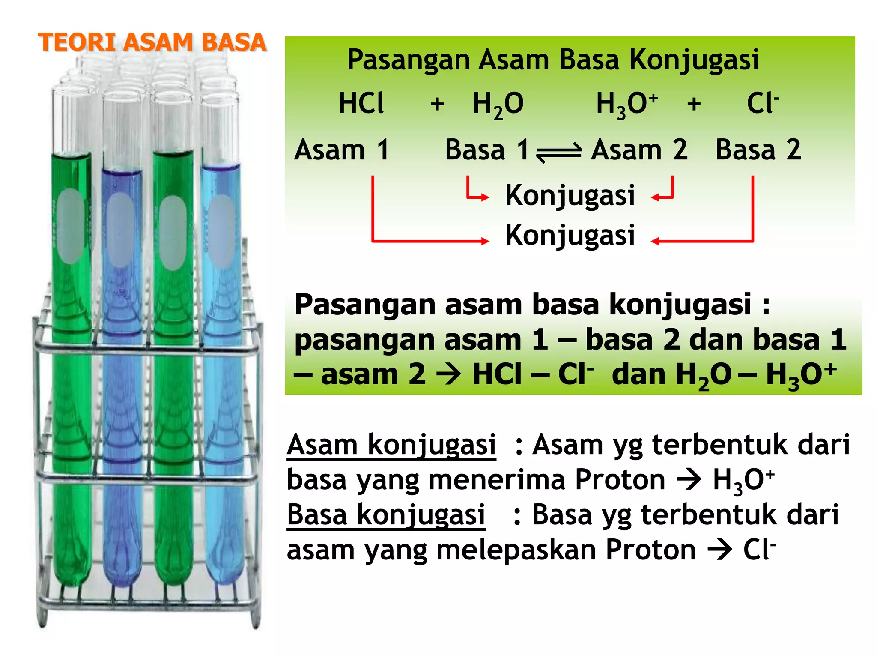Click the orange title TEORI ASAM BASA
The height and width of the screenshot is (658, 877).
(x=152, y=43)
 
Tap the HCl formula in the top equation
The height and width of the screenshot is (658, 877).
(x=361, y=104)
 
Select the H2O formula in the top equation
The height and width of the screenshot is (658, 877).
(x=498, y=105)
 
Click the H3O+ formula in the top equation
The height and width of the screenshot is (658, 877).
(x=626, y=105)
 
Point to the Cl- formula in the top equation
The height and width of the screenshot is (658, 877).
(x=762, y=104)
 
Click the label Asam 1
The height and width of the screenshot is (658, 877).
(x=341, y=150)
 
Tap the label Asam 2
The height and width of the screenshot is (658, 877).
(x=639, y=150)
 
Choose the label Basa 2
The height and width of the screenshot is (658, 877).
(x=758, y=150)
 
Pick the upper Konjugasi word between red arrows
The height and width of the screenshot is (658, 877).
(x=570, y=196)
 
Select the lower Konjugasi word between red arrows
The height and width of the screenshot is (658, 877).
(x=570, y=236)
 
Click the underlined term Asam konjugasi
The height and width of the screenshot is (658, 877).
(x=391, y=445)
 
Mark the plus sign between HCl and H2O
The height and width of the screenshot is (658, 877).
(x=437, y=104)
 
